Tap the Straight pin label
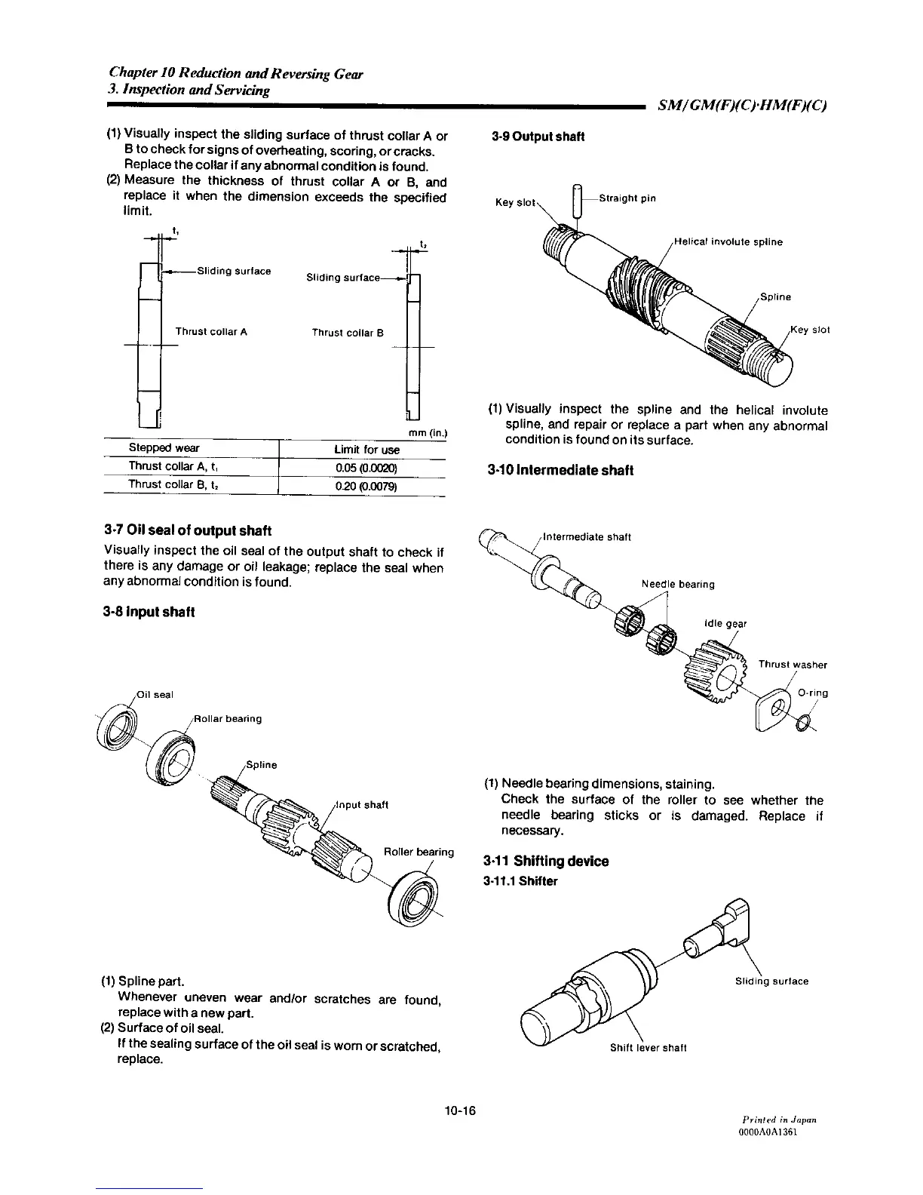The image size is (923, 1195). tap(627, 198)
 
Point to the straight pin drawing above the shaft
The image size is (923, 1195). tap(578, 201)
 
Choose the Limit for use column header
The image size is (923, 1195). tap(366, 450)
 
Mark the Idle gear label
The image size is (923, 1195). tap(725, 623)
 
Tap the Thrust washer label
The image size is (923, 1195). tap(793, 665)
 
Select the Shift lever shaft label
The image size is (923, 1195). tap(649, 1047)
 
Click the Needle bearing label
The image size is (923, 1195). tap(678, 583)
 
